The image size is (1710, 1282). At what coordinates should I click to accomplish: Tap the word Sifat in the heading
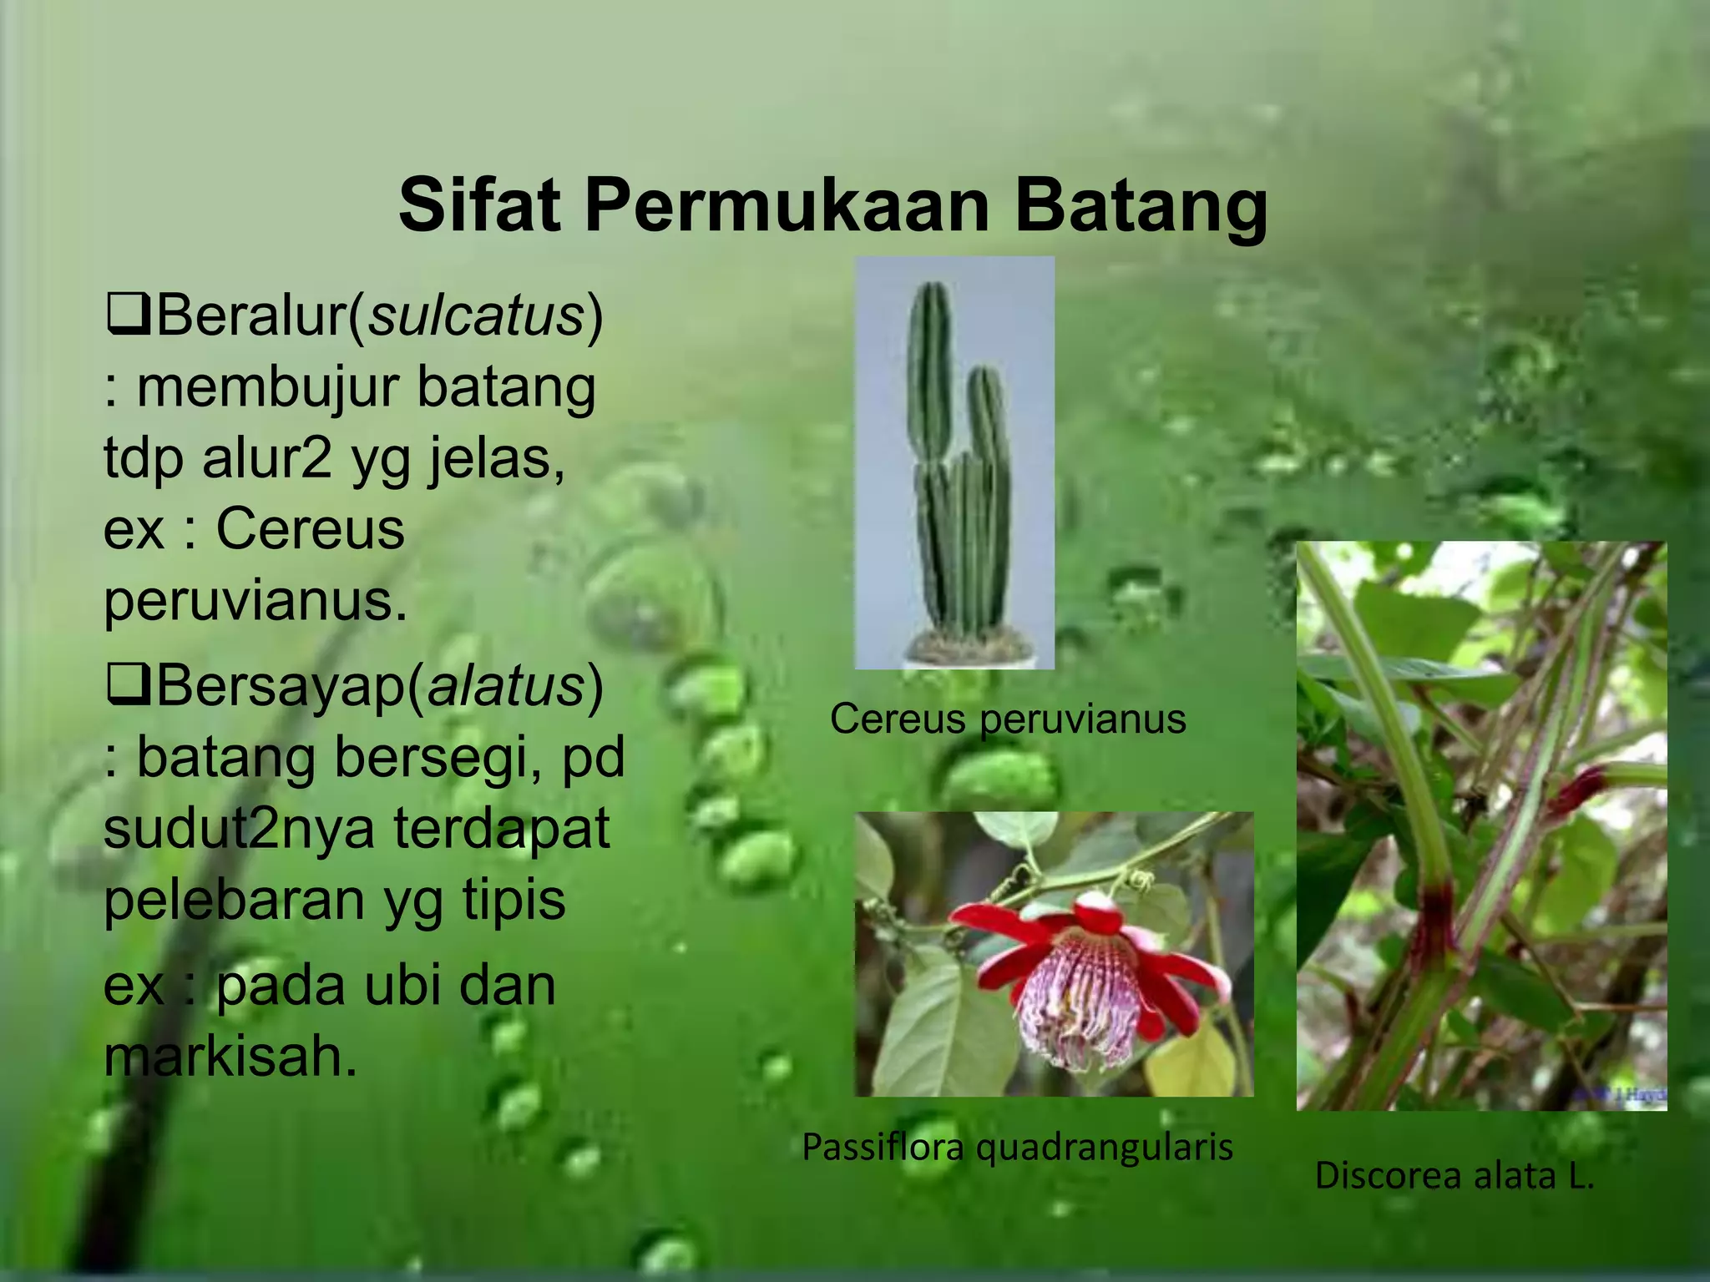[x=479, y=205]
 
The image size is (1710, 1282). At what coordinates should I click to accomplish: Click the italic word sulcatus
[x=477, y=316]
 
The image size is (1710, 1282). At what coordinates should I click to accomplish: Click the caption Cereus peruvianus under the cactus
[x=1008, y=719]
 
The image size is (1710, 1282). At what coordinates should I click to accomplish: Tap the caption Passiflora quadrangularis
[x=1017, y=1147]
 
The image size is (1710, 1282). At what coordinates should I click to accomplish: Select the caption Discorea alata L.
[x=1455, y=1175]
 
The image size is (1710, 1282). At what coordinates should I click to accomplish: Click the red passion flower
[x=1085, y=977]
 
